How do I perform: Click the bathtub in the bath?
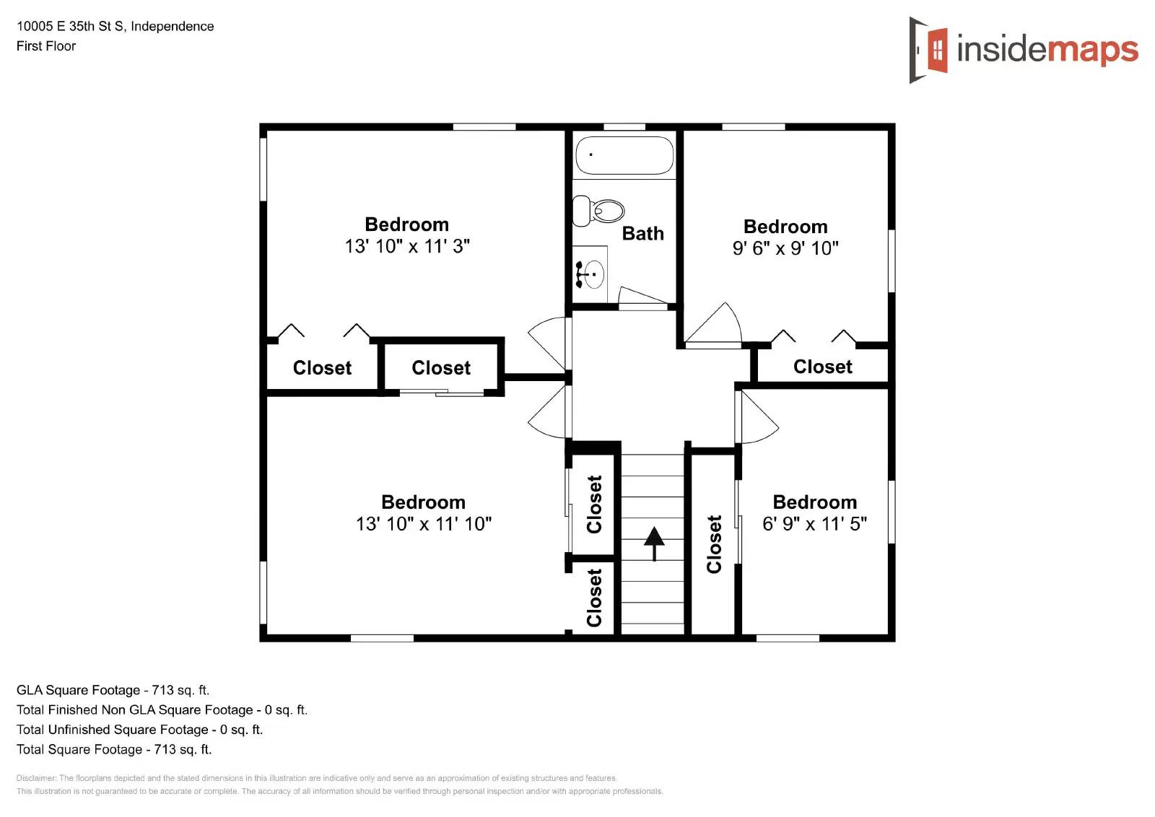[x=624, y=155]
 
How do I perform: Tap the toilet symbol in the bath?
[x=599, y=211]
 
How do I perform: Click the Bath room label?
[x=642, y=234]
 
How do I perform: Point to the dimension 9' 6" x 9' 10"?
[x=785, y=248]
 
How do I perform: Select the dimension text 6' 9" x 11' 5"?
[x=814, y=524]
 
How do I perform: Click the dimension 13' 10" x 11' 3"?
[x=407, y=246]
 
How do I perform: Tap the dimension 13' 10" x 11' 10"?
[x=424, y=524]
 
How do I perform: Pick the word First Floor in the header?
[x=46, y=46]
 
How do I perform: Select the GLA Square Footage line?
[x=113, y=690]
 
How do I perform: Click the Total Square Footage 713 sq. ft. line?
[x=114, y=749]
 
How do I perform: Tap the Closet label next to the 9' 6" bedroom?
[x=822, y=367]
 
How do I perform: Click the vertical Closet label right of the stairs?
[x=714, y=544]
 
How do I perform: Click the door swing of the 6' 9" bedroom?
[x=758, y=419]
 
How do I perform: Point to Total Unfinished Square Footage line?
[x=140, y=730]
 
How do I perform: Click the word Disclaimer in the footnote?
[x=35, y=778]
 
